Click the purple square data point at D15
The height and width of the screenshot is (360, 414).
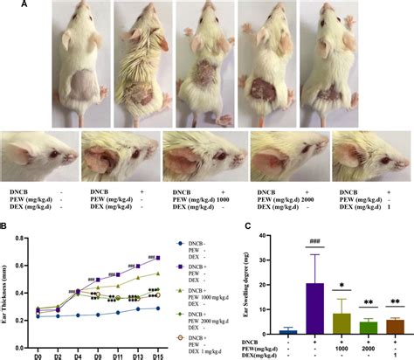157,257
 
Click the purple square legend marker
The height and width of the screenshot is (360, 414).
181,250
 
